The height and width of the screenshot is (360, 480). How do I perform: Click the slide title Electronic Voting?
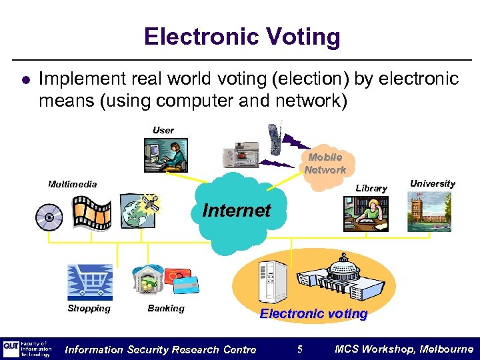tap(241, 37)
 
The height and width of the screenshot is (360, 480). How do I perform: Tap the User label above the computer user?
tap(163, 130)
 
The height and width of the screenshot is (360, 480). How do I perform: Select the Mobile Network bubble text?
tap(325, 163)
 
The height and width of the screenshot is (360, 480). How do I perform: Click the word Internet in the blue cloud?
tap(237, 211)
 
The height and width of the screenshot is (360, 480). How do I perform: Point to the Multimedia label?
tap(72, 184)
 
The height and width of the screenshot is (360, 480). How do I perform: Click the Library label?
tap(371, 188)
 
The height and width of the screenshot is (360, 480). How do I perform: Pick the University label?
tap(432, 183)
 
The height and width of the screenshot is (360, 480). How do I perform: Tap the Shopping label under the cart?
tap(89, 308)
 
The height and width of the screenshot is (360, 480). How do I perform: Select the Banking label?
tap(165, 308)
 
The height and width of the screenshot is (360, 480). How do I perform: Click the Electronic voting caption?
tap(313, 313)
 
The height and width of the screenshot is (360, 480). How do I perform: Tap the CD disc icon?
tap(50, 217)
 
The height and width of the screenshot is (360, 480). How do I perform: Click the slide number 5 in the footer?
tap(300, 349)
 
